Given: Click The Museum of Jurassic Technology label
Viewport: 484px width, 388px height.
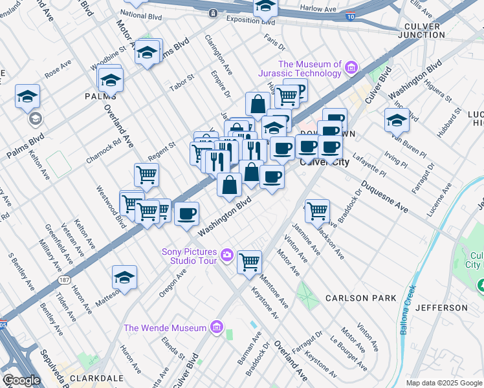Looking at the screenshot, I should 309,69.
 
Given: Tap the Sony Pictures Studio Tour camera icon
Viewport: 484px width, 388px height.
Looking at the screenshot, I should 226,255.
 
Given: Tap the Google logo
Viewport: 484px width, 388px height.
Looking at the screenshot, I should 21,381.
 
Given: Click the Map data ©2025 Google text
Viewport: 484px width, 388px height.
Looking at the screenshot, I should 444,383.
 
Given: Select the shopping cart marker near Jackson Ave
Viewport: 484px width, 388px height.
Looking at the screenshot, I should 317,211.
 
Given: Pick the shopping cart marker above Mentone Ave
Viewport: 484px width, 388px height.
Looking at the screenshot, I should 249,263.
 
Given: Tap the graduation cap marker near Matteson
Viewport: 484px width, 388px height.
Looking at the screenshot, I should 124,277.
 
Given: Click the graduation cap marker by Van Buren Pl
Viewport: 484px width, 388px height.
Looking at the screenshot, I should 397,120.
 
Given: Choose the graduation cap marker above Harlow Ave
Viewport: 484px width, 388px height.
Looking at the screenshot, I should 265,6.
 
